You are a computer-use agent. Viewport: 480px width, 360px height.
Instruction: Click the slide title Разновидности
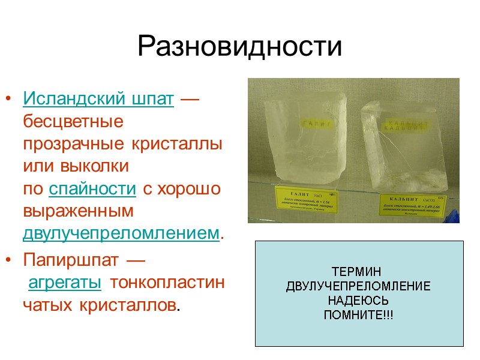click(239, 47)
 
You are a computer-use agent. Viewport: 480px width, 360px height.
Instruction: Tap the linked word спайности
click(92, 190)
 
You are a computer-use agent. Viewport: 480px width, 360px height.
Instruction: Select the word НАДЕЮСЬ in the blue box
click(358, 301)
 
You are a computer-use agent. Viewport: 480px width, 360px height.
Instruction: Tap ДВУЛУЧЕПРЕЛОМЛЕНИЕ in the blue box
click(358, 286)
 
